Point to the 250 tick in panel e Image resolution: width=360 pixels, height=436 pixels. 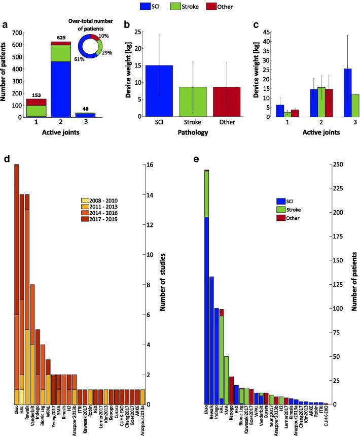[338, 164]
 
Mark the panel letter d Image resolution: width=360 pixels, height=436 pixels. [7, 159]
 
